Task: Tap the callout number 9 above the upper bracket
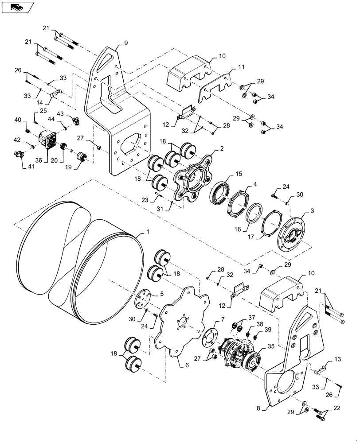pyautogui.click(x=125, y=44)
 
